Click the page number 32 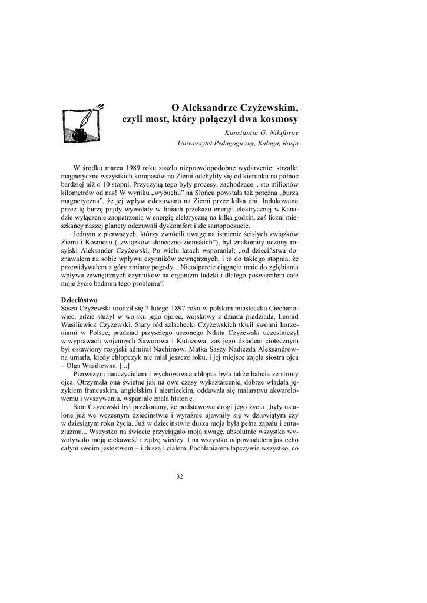[180, 476]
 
